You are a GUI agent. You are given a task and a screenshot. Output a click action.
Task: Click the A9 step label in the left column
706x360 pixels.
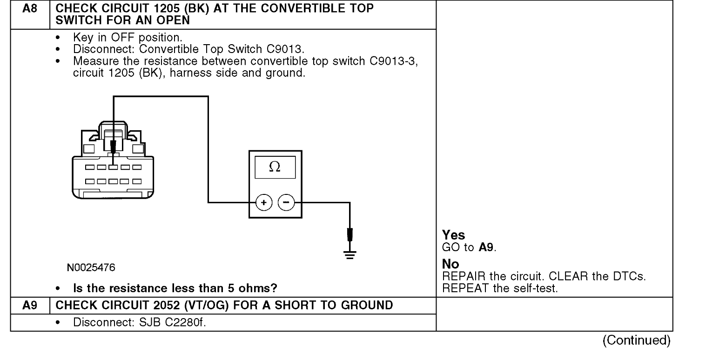[29, 304]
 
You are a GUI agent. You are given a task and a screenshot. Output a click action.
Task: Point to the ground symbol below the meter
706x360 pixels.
[350, 255]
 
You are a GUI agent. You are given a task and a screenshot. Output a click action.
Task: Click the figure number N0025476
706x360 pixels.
[91, 268]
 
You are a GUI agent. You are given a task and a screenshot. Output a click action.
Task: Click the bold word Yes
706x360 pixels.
[453, 236]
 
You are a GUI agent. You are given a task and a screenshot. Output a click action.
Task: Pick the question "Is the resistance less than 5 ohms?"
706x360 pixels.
[175, 289]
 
